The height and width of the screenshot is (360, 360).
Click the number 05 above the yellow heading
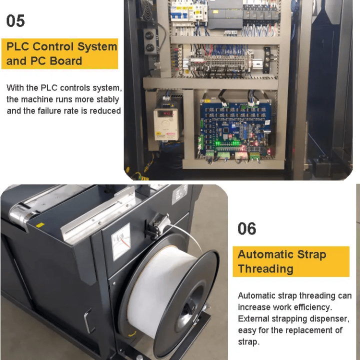click(15, 21)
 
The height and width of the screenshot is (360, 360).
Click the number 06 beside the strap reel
click(247, 229)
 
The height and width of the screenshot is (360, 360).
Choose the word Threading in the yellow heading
click(265, 269)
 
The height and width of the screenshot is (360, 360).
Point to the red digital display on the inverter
click(165, 114)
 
